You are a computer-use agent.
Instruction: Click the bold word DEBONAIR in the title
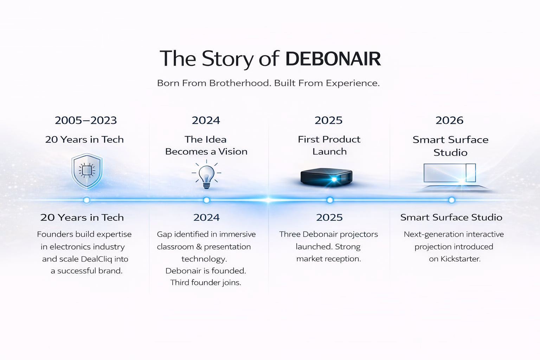[x=333, y=59]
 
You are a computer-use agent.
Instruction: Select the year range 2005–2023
[x=86, y=120]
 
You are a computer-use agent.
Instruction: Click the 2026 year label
[x=449, y=120]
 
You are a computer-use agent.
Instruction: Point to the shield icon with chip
[x=87, y=171]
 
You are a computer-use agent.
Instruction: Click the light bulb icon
[x=206, y=174]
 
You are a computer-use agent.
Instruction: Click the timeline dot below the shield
[x=86, y=200]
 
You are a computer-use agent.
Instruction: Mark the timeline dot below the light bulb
[x=206, y=200]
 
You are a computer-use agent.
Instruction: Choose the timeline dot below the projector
[x=330, y=200]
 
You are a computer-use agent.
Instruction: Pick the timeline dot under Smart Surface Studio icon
[x=451, y=200]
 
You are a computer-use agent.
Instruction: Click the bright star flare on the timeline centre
[x=268, y=200]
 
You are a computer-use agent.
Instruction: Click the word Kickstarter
[x=460, y=259]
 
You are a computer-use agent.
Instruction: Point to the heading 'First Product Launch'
[x=329, y=145]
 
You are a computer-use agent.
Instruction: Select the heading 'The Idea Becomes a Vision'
[x=206, y=145]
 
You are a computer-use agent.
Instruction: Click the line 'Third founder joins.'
[x=206, y=283]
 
